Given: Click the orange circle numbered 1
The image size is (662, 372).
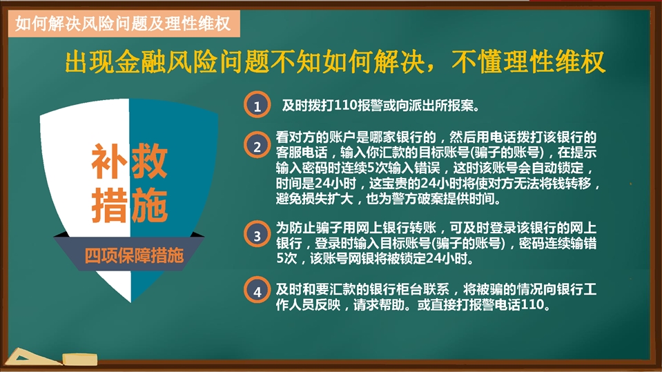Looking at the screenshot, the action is click(x=257, y=105).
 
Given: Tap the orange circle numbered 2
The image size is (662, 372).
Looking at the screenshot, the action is click(x=257, y=146).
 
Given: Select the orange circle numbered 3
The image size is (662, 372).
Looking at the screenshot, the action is click(x=257, y=235).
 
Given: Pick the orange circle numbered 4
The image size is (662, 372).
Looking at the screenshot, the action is click(x=257, y=291).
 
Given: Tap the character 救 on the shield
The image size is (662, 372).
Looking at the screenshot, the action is click(x=150, y=161).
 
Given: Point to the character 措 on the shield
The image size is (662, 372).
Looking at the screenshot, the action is click(x=109, y=205).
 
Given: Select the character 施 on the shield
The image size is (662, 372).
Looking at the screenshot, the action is click(x=150, y=205).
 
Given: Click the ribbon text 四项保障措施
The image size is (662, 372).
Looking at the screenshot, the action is click(x=134, y=255).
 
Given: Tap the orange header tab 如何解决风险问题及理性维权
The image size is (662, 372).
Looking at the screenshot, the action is click(x=124, y=23).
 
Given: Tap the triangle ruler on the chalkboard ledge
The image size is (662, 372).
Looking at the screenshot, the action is click(x=32, y=358).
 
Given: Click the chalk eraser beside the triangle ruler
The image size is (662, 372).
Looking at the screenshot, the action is click(x=80, y=360).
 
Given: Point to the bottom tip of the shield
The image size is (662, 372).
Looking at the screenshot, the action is click(x=130, y=302).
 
